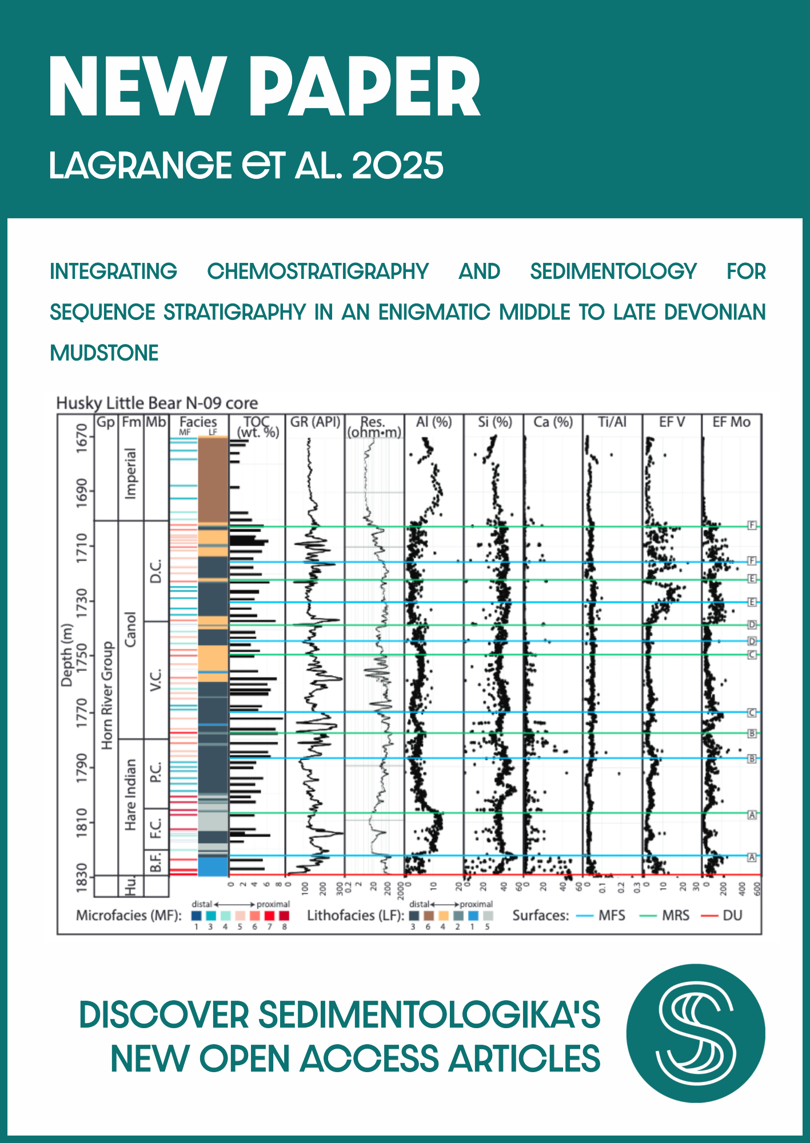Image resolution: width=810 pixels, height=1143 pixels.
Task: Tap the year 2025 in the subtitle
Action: [x=397, y=166]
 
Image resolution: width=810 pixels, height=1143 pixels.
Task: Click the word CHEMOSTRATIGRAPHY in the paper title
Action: [x=318, y=271]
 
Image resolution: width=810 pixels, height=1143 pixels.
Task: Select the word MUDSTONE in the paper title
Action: [x=104, y=353]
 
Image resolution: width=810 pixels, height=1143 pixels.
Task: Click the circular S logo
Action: [x=695, y=1033]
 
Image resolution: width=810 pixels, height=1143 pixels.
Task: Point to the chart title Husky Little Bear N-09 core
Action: [x=157, y=403]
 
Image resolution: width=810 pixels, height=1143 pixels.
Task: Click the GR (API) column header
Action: [x=315, y=422]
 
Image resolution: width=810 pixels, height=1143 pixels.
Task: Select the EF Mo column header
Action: [x=731, y=422]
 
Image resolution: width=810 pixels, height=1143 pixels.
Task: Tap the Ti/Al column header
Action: [x=612, y=422]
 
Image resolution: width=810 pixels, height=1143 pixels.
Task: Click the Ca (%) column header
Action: [x=553, y=422]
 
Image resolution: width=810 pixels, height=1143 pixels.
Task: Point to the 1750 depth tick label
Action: [x=82, y=657]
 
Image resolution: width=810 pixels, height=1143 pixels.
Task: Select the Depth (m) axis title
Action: [x=67, y=655]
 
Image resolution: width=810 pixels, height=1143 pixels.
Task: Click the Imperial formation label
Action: [x=131, y=474]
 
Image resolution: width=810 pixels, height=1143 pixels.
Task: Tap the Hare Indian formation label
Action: [x=131, y=794]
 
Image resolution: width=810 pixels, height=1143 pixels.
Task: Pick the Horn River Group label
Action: [x=106, y=695]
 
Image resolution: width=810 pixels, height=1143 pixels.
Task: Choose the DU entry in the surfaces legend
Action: [x=732, y=916]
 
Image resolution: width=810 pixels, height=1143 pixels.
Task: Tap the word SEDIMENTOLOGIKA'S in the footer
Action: [x=429, y=1016]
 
